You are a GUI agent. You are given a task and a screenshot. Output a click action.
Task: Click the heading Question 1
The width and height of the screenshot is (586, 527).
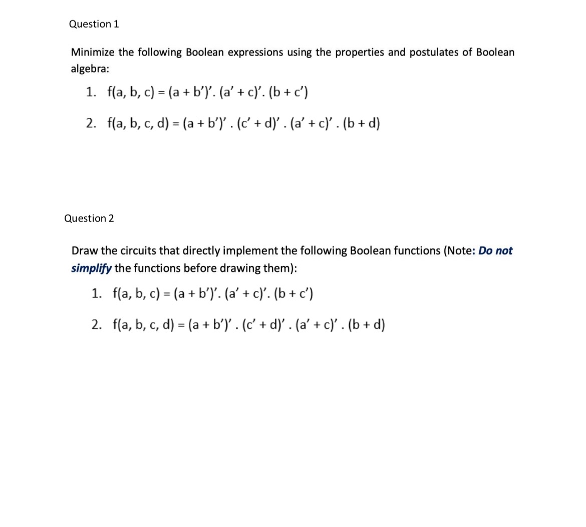click(94, 24)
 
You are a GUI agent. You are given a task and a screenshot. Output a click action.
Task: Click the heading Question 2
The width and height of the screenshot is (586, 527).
click(89, 218)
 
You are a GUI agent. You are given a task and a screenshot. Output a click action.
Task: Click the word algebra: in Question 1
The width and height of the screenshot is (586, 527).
click(90, 69)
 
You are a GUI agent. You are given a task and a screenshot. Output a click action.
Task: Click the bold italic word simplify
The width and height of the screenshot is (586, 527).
click(91, 268)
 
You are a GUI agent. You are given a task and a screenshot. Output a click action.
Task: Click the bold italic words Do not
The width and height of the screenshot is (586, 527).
click(495, 250)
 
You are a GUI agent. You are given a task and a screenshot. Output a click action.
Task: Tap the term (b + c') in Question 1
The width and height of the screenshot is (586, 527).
click(288, 92)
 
